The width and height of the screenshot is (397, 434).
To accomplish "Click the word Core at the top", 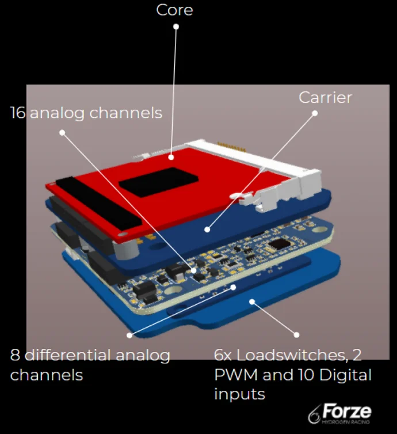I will pyautogui.click(x=174, y=10).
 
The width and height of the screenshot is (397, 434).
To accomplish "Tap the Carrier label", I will pyautogui.click(x=325, y=97).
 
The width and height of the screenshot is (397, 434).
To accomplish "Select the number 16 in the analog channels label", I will pyautogui.click(x=17, y=113).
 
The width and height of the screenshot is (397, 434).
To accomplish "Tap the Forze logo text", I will pyautogui.click(x=346, y=412).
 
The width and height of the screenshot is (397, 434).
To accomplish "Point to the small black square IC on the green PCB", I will pyautogui.click(x=281, y=244).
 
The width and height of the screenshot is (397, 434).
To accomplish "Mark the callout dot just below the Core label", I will pyautogui.click(x=176, y=26).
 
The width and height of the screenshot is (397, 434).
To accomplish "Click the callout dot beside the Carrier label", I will pyautogui.click(x=315, y=113).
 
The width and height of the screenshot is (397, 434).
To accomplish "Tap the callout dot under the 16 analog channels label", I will pyautogui.click(x=62, y=132).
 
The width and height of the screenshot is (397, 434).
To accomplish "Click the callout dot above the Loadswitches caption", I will pyautogui.click(x=297, y=334).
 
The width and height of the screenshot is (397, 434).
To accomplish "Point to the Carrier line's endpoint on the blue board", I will pyautogui.click(x=206, y=229).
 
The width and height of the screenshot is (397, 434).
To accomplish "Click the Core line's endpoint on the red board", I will pyautogui.click(x=171, y=155).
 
